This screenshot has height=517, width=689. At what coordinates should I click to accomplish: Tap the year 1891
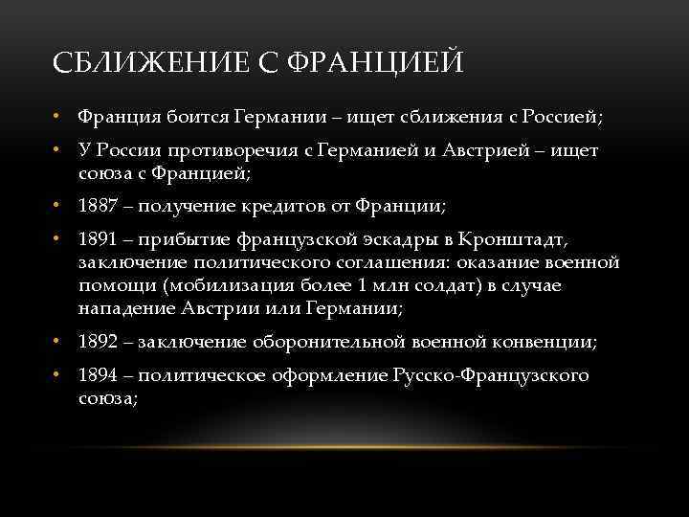(x=98, y=237)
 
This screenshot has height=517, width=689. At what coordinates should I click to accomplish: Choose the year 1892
(x=98, y=342)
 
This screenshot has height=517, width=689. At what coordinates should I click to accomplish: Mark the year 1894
(x=98, y=375)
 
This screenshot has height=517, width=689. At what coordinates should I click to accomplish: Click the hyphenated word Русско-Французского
(x=490, y=375)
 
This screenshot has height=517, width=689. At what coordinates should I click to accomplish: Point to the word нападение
(x=127, y=309)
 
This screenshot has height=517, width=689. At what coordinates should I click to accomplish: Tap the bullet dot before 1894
(x=58, y=375)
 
